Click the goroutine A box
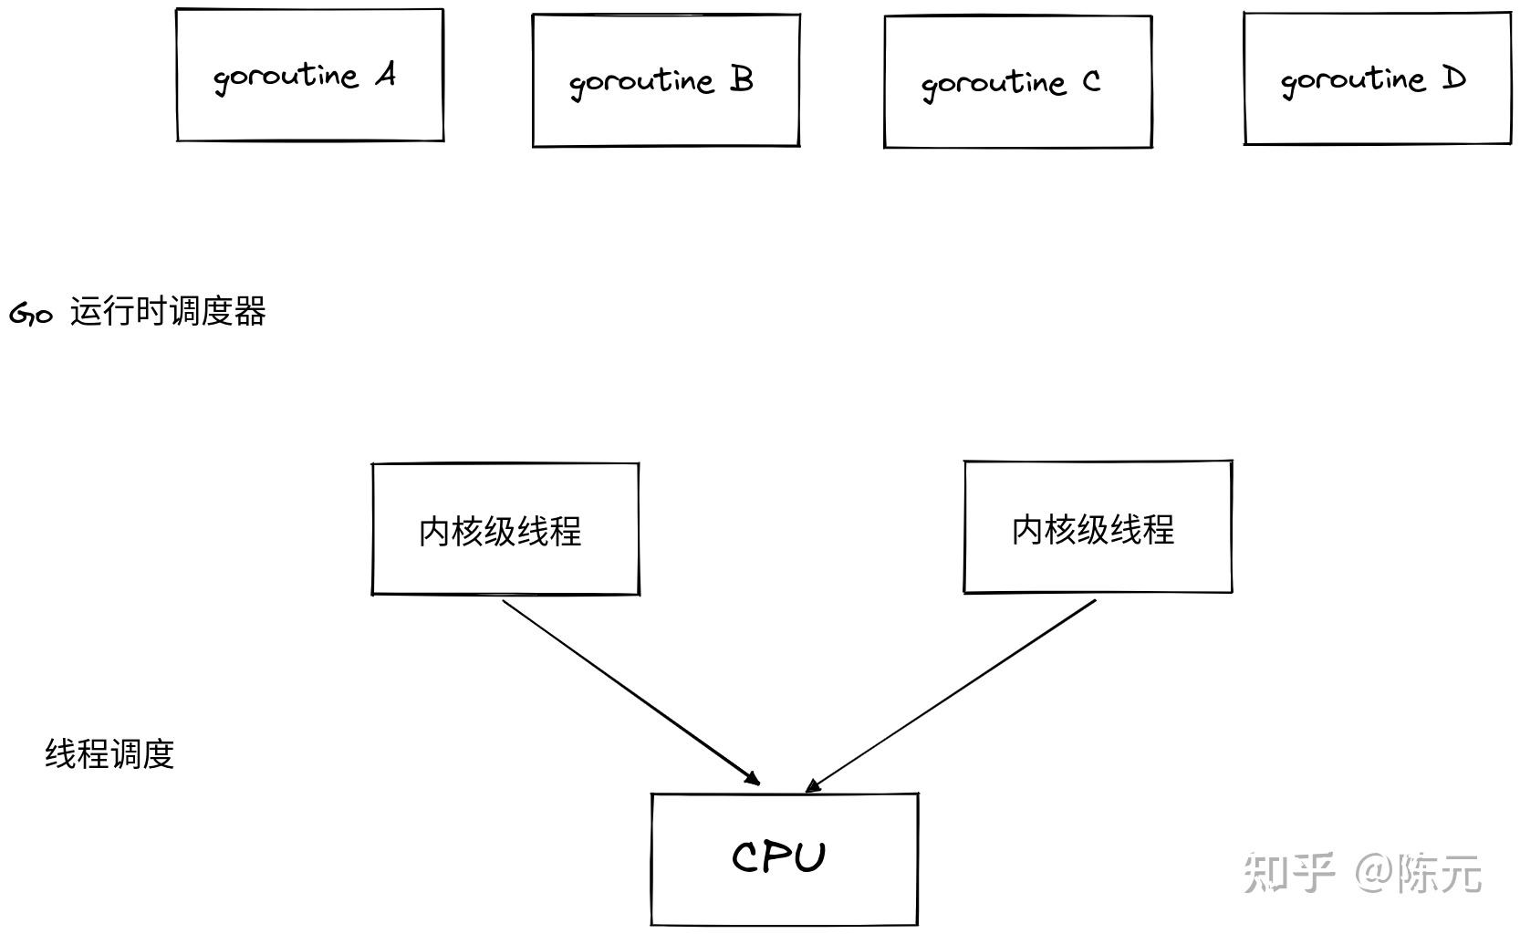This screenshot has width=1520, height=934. tap(309, 76)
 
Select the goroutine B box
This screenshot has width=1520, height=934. tap(666, 80)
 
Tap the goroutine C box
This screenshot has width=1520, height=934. tap(1017, 82)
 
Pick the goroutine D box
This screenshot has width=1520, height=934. tap(1377, 78)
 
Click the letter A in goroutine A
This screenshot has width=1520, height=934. tap(387, 75)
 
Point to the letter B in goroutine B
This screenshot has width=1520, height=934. tap(742, 79)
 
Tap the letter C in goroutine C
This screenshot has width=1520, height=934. tap(1091, 82)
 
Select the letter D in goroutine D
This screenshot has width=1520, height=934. tap(1453, 78)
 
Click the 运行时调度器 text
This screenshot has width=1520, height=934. tap(168, 312)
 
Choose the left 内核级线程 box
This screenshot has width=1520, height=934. tap(505, 529)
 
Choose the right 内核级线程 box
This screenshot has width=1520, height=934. tap(1098, 527)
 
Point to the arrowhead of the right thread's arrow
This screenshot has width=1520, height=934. tap(813, 785)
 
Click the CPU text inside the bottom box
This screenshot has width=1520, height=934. tap(778, 857)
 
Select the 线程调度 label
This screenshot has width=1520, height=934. tap(109, 754)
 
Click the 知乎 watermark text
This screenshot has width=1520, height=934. tap(1288, 872)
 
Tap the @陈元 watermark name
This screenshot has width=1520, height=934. tap(1419, 873)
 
